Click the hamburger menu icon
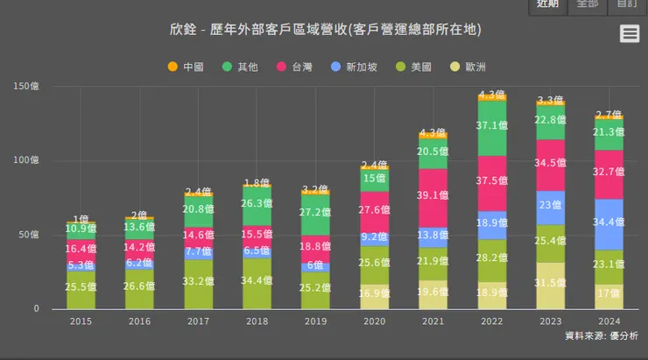[x=629, y=33]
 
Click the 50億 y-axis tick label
[x=26, y=235]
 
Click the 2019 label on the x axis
[x=315, y=322]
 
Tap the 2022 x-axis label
[x=491, y=322]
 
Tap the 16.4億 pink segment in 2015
[x=81, y=249]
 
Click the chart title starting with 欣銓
[x=325, y=30]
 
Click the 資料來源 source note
[x=601, y=336]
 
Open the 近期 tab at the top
[x=547, y=4]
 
